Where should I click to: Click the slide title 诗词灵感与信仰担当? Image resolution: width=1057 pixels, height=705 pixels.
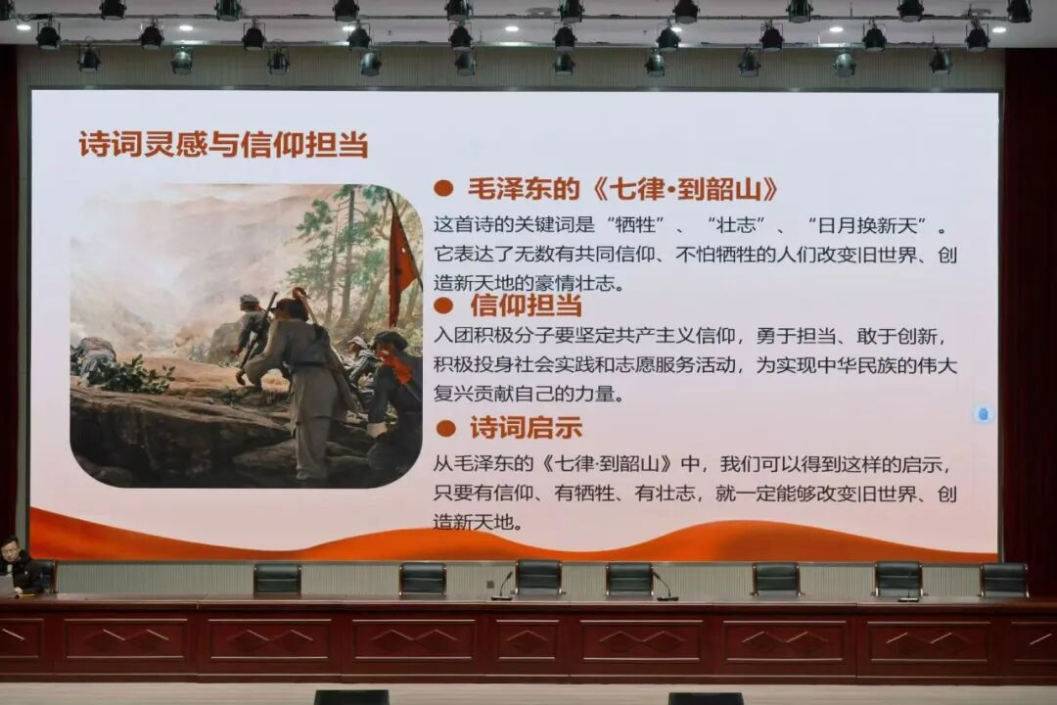click(x=223, y=144)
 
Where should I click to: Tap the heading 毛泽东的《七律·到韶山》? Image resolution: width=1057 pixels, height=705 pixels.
click(x=622, y=189)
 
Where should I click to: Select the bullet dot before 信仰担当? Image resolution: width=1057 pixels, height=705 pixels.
click(x=443, y=306)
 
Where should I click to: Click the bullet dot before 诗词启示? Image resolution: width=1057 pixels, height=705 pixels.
click(x=445, y=429)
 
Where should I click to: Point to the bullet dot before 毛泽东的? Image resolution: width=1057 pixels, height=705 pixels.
click(x=443, y=189)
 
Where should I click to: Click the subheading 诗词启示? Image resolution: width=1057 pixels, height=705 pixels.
click(x=526, y=428)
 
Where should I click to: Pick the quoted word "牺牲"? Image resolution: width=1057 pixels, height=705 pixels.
click(x=636, y=225)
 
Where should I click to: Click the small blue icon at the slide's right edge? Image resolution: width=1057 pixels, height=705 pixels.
click(x=983, y=413)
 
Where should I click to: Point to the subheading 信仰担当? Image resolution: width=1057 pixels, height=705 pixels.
click(x=526, y=305)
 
